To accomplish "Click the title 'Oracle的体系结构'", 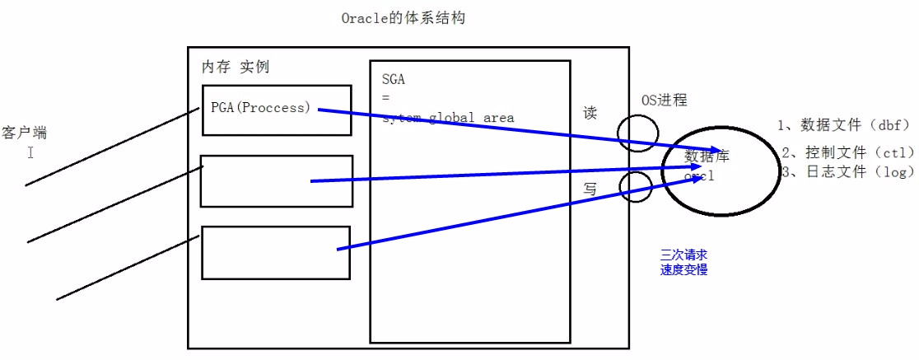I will click(x=403, y=17).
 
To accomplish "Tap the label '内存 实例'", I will click(x=236, y=67).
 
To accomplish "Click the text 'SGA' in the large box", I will click(x=394, y=80).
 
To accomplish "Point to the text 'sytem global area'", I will click(x=448, y=118).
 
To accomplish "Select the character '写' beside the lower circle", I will click(x=590, y=189).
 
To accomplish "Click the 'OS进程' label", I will click(x=664, y=101).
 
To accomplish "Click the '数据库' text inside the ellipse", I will click(x=707, y=156).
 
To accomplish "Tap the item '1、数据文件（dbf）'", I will click(x=843, y=125).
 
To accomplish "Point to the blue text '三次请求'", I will click(x=683, y=255).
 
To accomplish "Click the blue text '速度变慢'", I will click(x=683, y=269).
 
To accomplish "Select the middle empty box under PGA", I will click(x=276, y=181).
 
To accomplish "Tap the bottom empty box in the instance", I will click(x=276, y=252).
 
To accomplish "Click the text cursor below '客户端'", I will click(x=30, y=152).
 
